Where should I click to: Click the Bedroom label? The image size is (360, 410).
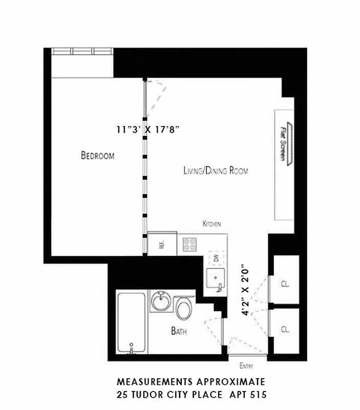[x=97, y=156]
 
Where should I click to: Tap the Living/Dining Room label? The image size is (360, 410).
[x=216, y=171]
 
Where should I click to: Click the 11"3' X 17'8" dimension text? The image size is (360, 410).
[x=149, y=130]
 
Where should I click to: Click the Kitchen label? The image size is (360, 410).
[x=211, y=224]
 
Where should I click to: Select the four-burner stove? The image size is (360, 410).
[x=189, y=244]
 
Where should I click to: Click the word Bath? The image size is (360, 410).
[x=179, y=332]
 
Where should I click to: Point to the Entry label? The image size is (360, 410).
[x=246, y=366]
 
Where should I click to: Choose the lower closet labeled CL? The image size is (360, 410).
[x=285, y=330]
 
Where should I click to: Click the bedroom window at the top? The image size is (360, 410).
[x=81, y=51]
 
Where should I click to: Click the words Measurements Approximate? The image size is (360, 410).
[x=191, y=382]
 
